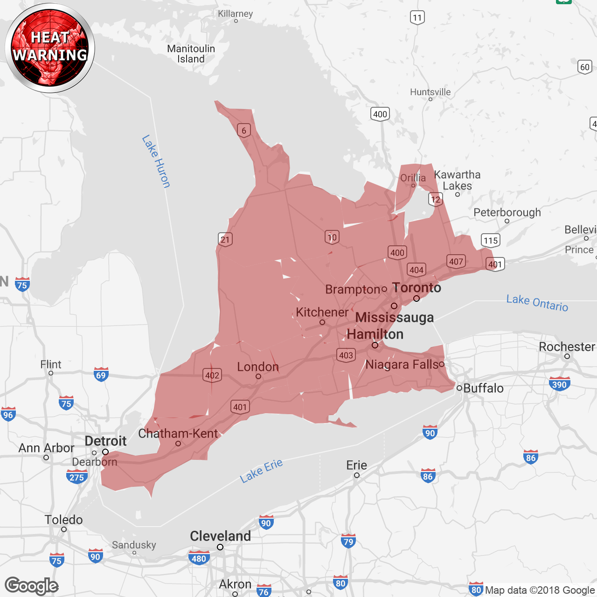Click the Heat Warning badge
(x=50, y=48)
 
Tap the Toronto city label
(x=417, y=288)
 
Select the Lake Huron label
(x=156, y=161)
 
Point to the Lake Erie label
(x=261, y=470)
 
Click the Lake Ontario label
(x=537, y=303)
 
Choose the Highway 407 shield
(x=456, y=262)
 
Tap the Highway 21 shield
(x=225, y=240)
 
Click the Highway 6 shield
(x=244, y=131)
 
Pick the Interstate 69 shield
(x=101, y=375)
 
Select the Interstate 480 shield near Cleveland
(x=199, y=558)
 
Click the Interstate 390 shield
(x=559, y=384)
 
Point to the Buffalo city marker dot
(x=459, y=388)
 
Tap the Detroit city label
(x=105, y=441)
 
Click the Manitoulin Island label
(x=191, y=54)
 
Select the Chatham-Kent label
(x=178, y=433)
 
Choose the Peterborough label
(x=507, y=213)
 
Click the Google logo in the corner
(x=31, y=586)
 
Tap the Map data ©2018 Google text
(x=540, y=590)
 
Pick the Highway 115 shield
(x=491, y=241)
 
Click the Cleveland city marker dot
(x=220, y=547)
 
